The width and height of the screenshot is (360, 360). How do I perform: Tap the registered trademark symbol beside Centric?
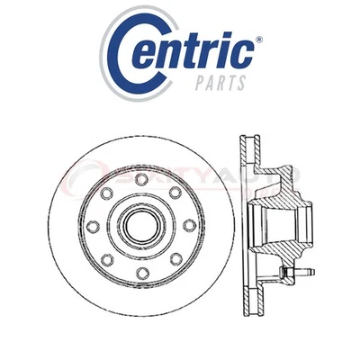click(258, 40)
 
